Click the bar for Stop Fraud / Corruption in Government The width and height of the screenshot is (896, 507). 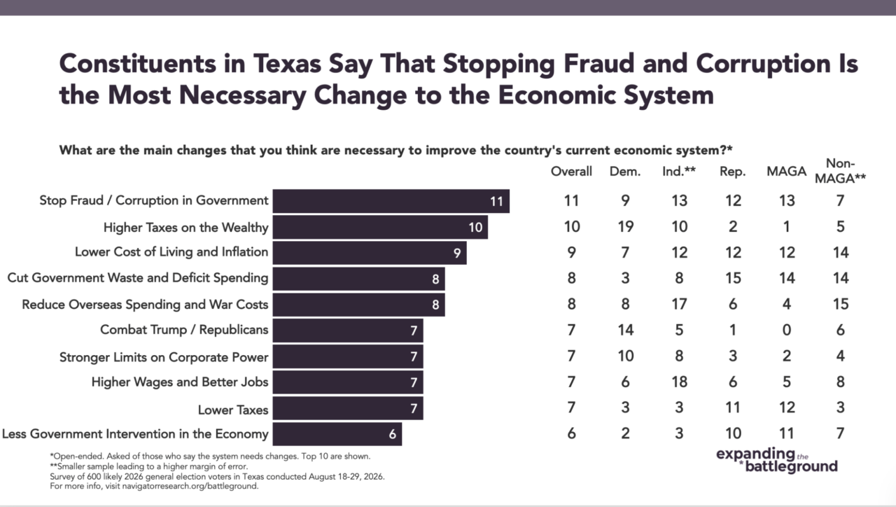(x=391, y=201)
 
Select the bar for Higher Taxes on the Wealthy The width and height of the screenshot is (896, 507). (x=380, y=227)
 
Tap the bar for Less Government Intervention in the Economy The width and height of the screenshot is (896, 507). (x=337, y=433)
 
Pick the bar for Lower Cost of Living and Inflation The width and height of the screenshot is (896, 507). (x=370, y=253)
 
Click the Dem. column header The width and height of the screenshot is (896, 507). (x=625, y=172)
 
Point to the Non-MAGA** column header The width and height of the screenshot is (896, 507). (x=841, y=171)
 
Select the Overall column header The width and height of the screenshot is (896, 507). (x=571, y=172)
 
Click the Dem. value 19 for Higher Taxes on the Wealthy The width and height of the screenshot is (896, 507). (x=626, y=227)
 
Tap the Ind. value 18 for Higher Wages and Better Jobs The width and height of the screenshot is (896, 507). (x=679, y=382)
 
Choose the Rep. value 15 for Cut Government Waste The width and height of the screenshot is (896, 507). (x=733, y=278)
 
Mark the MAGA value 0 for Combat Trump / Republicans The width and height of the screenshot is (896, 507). (x=786, y=330)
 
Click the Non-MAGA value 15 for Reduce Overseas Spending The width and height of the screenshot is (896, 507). (x=841, y=304)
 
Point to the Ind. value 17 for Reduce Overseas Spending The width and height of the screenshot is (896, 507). (x=679, y=304)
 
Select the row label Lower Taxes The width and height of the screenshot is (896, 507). (x=233, y=410)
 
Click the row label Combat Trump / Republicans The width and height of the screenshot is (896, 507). (x=184, y=330)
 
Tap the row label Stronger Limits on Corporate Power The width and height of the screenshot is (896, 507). (x=164, y=357)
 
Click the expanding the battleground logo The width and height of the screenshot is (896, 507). (x=776, y=460)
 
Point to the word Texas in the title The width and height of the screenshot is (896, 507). (x=287, y=64)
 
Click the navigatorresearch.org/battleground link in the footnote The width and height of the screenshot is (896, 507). (x=190, y=486)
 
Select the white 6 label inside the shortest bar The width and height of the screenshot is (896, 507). (x=392, y=434)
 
